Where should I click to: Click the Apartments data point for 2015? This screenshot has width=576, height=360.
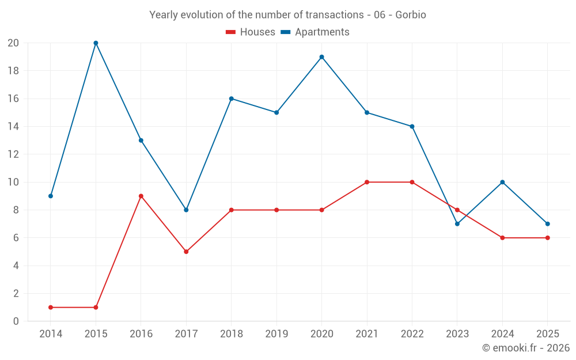[96, 43]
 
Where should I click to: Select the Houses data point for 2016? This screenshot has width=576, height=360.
[141, 196]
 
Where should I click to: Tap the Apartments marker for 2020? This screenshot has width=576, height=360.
[321, 57]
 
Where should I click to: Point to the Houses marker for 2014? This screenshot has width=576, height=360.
[51, 308]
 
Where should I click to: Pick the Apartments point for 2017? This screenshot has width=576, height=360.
[186, 210]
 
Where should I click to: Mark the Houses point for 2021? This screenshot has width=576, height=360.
[367, 182]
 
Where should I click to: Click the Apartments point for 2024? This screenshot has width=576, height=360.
[502, 182]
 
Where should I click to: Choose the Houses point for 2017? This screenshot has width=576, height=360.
[186, 252]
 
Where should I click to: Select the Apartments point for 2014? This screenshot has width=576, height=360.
[51, 196]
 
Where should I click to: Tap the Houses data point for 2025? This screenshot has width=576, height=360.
[547, 238]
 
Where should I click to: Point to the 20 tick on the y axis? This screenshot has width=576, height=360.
[13, 43]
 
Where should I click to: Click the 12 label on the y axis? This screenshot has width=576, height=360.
[13, 154]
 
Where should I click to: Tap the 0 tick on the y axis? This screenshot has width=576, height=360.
[16, 321]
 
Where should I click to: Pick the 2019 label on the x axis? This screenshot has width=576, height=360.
[276, 334]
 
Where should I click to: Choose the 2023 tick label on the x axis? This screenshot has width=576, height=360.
[457, 334]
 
